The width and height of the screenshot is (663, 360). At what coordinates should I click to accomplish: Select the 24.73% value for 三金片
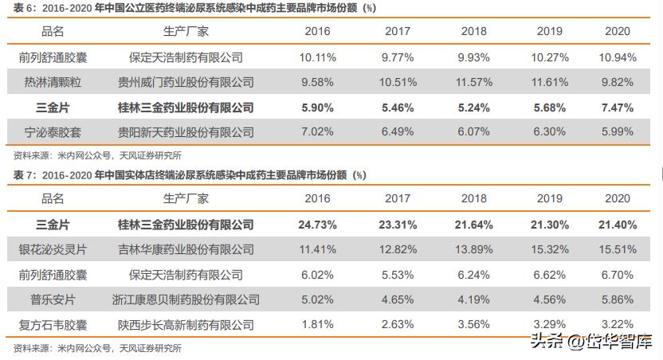point(318,225)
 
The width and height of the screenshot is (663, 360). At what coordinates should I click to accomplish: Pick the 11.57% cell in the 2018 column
point(474,82)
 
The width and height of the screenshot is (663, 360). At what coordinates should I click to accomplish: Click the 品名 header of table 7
point(53,198)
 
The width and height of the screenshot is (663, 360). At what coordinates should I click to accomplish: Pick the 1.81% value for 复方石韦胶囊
point(318,325)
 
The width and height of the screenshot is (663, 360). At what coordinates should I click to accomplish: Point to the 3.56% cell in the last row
point(474,325)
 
